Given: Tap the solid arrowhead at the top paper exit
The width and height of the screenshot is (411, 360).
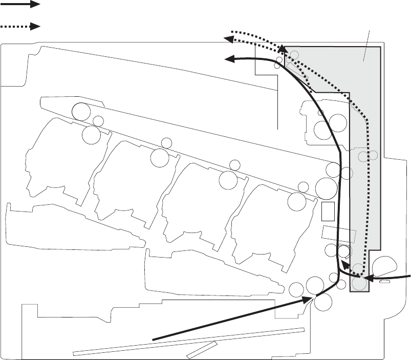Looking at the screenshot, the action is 231,59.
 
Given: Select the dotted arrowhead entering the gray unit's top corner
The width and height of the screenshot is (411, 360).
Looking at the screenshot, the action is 282,49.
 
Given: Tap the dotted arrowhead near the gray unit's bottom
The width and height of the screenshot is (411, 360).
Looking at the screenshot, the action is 344,265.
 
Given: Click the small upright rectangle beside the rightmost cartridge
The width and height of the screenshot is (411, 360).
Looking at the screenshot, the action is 328,210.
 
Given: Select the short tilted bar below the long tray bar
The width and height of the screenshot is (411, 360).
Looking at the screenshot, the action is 202,350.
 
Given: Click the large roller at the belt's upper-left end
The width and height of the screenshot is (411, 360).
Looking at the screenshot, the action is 81,111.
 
